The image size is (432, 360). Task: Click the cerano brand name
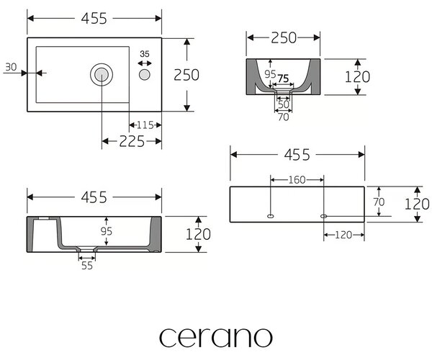(216, 338)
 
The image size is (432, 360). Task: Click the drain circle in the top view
(102, 74)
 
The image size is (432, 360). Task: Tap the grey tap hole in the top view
(145, 75)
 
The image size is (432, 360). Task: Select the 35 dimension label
(145, 54)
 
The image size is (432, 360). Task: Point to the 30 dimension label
(11, 67)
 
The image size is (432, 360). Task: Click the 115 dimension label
(145, 125)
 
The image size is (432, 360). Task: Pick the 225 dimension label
(132, 141)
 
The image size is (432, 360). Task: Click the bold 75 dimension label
(283, 78)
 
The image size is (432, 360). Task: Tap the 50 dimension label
(284, 104)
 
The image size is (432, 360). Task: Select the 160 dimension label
(297, 180)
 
